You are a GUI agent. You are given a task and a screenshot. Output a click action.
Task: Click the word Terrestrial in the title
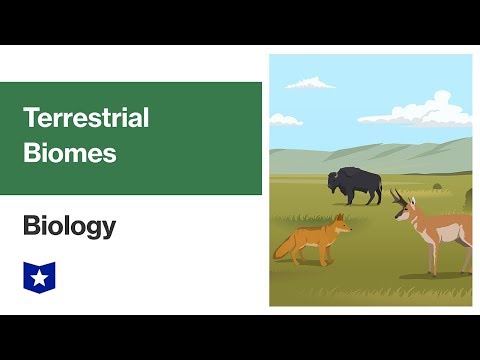pyautogui.click(x=86, y=118)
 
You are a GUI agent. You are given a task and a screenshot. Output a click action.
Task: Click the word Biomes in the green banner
pyautogui.click(x=70, y=154)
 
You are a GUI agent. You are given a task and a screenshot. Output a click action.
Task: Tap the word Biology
pyautogui.click(x=69, y=227)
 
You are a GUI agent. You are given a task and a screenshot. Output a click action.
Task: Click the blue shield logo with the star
pyautogui.click(x=38, y=275)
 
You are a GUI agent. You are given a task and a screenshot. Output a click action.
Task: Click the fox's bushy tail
pyautogui.click(x=286, y=245)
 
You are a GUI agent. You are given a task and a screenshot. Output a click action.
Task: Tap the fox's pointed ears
pyautogui.click(x=340, y=218)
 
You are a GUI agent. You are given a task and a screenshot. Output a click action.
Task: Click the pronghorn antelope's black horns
pyautogui.click(x=400, y=197)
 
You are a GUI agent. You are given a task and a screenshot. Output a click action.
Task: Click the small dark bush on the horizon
pyautogui.click(x=436, y=187)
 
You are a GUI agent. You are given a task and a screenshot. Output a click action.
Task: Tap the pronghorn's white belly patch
pyautogui.click(x=452, y=240)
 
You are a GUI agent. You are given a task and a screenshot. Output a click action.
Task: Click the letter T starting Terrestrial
pyautogui.click(x=30, y=118)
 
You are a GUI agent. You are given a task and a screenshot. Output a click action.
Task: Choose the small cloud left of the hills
pyautogui.click(x=284, y=121)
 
